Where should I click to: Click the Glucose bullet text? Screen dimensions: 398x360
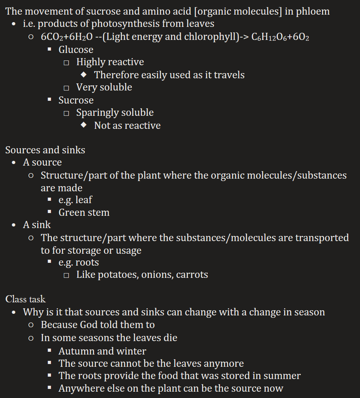coord(76,49)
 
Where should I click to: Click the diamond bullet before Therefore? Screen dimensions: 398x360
coord(83,75)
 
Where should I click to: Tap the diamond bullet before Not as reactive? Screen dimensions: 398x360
coord(83,125)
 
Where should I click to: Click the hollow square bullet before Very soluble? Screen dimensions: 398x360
coord(66,88)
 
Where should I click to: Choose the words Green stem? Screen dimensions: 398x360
coord(84,212)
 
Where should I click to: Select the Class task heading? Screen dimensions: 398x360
coord(25,299)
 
